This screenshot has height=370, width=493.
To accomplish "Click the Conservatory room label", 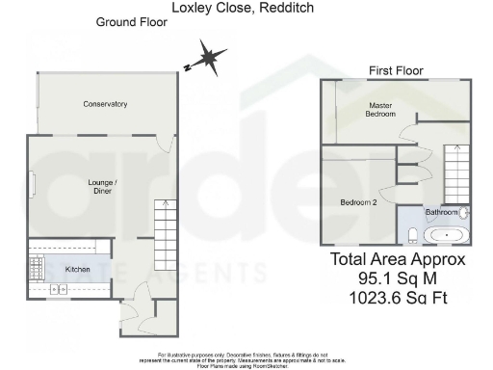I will (105, 104).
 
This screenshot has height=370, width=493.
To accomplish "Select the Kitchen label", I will (78, 270).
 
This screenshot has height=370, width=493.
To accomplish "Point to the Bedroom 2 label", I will (357, 202).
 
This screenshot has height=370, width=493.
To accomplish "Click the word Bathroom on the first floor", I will (442, 212).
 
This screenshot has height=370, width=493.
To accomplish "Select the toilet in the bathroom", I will (411, 233).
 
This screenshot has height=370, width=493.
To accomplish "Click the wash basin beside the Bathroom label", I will (464, 212).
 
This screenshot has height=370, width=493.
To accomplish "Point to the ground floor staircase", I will (168, 236).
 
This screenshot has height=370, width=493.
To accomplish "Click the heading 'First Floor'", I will (397, 70).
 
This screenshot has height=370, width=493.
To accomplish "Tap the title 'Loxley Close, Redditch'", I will (242, 7).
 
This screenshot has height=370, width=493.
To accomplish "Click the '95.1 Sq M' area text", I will (398, 278).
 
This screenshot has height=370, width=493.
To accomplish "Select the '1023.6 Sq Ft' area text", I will (398, 298).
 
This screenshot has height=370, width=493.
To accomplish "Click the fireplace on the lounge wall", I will (32, 184).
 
